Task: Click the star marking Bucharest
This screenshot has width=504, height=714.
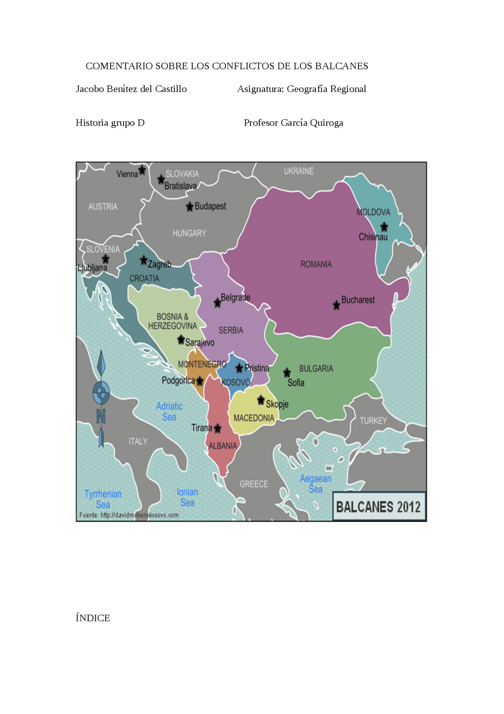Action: [336, 305]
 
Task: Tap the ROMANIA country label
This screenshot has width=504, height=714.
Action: [316, 264]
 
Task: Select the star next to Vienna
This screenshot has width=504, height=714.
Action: [142, 170]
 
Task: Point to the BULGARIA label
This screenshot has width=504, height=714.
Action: [316, 369]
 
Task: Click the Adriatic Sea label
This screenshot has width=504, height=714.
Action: [169, 411]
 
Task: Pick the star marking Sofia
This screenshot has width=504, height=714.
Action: [287, 372]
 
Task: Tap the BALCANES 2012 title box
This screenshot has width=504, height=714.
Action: [379, 507]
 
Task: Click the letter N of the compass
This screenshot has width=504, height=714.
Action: [101, 416]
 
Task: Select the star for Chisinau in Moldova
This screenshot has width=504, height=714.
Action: [384, 227]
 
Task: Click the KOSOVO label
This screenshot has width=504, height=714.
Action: [236, 382]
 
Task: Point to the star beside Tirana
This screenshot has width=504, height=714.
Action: [217, 429]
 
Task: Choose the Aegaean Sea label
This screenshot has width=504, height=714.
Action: [315, 484]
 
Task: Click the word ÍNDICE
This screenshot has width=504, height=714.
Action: [93, 618]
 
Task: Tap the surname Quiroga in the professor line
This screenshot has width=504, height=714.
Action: [326, 123]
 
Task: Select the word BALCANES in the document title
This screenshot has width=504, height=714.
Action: [342, 66]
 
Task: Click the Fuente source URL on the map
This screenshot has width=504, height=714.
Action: [129, 515]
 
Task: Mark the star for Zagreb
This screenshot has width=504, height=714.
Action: [144, 260]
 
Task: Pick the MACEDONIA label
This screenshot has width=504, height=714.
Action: [254, 418]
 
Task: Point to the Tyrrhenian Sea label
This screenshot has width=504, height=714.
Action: [103, 499]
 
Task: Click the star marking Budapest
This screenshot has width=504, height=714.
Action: [190, 207]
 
